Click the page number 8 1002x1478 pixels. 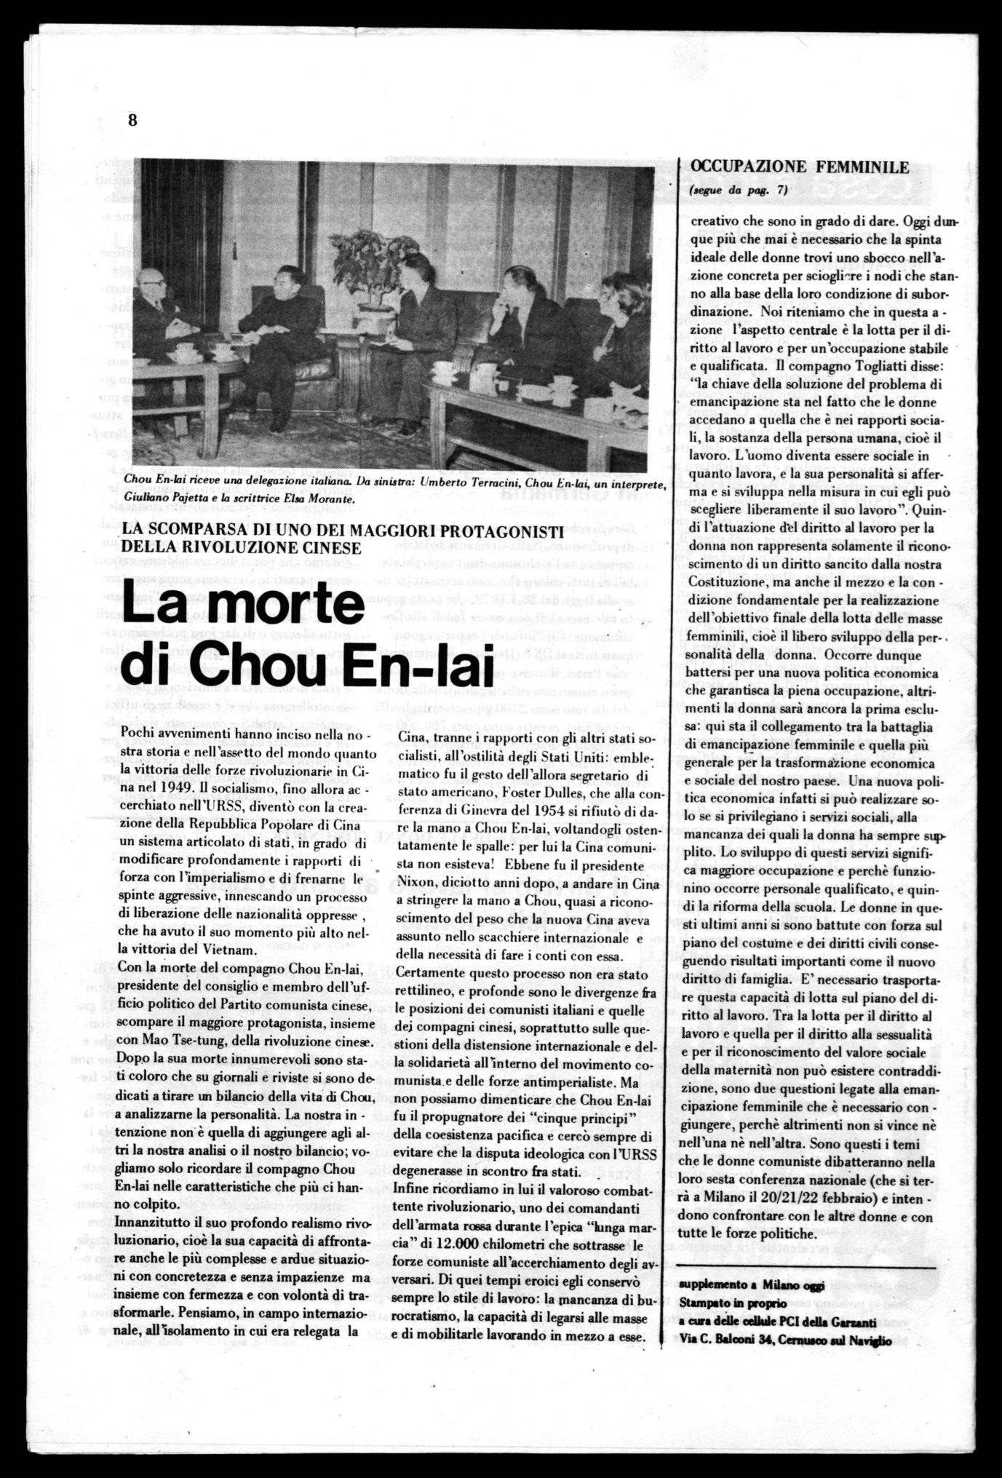(132, 120)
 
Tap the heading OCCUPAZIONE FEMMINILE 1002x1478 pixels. (799, 167)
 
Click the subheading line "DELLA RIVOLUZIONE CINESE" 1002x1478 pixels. (242, 547)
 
